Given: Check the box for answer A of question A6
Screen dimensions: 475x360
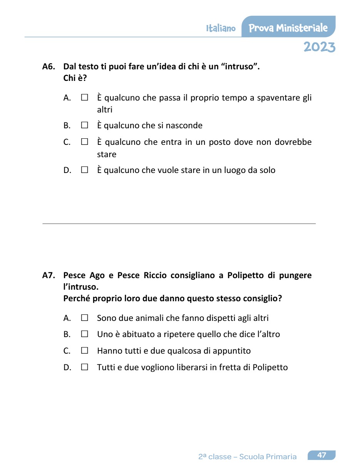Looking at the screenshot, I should [85, 98].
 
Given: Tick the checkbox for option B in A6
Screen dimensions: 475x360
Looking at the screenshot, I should [85, 126].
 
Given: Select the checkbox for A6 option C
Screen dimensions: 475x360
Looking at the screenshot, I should [85, 142].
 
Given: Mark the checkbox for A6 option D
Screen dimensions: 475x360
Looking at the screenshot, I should [85, 170].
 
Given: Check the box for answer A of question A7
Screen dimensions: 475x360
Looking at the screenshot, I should [85, 318].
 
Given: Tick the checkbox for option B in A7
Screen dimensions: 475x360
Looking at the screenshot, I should [85, 334].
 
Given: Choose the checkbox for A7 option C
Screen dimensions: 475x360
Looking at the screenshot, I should [85, 351].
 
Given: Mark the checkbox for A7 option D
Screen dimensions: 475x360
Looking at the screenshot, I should [85, 367].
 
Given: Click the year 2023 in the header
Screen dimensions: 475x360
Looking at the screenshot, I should [319, 47].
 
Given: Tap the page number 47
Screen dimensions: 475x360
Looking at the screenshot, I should [321, 455].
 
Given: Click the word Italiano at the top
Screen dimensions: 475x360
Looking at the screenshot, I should [221, 29].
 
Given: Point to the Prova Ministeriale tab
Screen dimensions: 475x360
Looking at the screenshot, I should [288, 28].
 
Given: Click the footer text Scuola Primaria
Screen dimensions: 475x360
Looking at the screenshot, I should [268, 457].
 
